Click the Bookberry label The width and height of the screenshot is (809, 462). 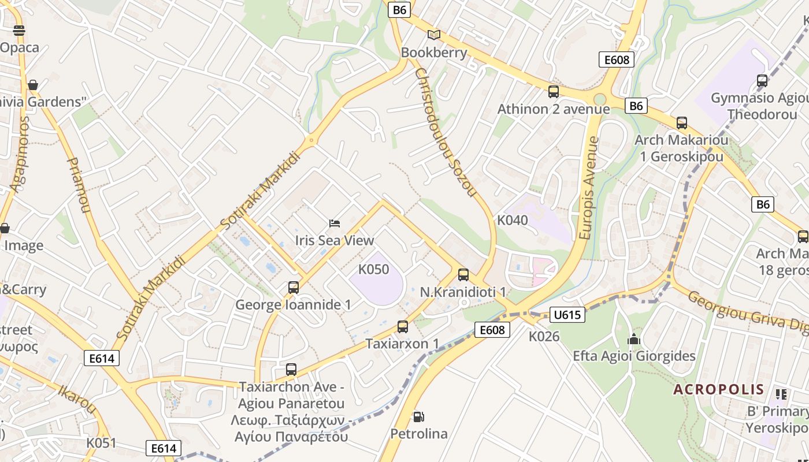click(434, 53)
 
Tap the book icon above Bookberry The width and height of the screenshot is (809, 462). click(434, 35)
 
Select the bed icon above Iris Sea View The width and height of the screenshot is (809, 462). click(335, 223)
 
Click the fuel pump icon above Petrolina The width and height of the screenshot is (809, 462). click(418, 416)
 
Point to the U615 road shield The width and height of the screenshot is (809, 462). click(567, 315)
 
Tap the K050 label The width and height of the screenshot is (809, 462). click(374, 270)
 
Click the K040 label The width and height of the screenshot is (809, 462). click(513, 220)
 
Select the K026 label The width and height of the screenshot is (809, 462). click(544, 336)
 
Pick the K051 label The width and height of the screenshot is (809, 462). click(102, 443)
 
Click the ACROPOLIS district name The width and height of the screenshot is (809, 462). click(718, 389)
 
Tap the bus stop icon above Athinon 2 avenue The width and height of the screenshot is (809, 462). click(554, 92)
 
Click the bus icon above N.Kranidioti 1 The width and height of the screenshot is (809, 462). click(463, 275)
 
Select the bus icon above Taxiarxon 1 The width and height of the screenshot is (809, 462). click(403, 327)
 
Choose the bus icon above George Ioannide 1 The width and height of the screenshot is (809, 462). click(294, 287)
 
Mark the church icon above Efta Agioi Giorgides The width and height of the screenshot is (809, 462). click(634, 339)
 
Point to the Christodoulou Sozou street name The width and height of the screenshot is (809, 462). click(445, 132)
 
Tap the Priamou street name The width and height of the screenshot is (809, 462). click(80, 185)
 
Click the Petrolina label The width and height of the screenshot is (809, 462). click(419, 434)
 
